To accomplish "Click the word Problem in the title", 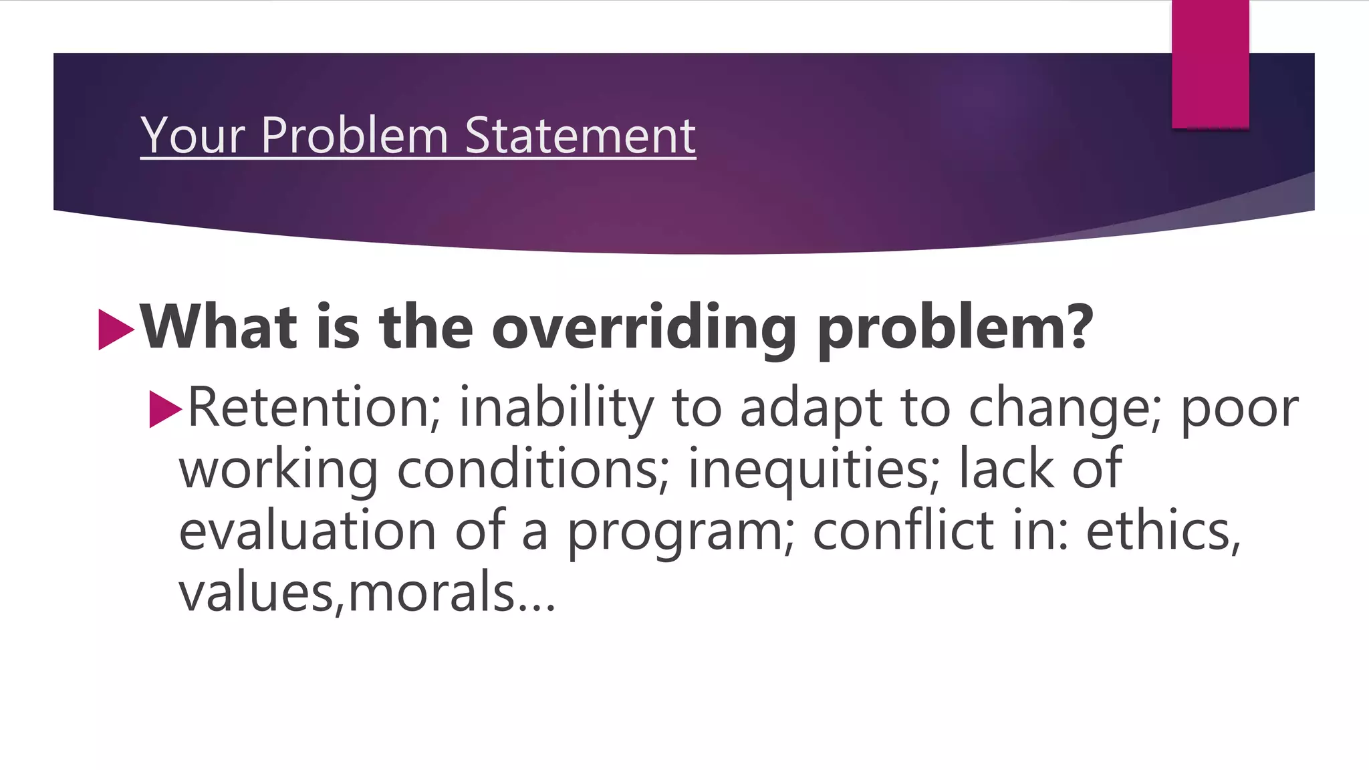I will coord(354,136).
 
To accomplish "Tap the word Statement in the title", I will coord(580,136).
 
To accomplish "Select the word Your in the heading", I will coord(193,136).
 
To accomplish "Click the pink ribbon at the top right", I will coord(1210,64).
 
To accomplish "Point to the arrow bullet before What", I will coord(116,329).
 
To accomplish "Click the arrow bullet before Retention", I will coord(164,409).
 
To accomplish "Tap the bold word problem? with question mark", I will coord(955,328).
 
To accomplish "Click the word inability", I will coord(556,408).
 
